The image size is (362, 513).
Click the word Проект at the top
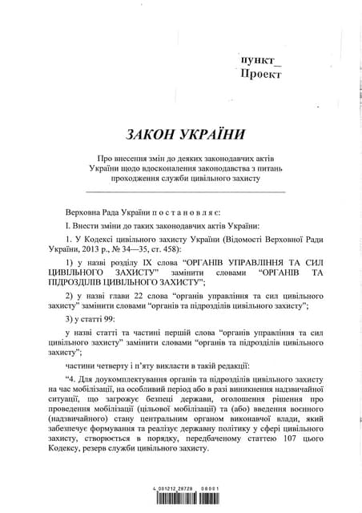click(261, 75)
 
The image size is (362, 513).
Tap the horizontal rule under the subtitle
click(184, 192)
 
